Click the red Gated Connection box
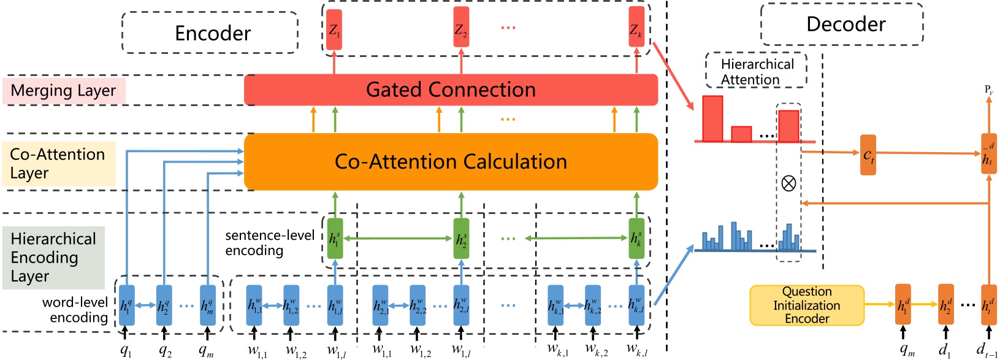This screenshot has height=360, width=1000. (x=451, y=90)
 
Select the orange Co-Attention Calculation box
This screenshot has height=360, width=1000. (x=451, y=162)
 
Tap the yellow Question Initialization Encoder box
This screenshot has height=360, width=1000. (x=806, y=305)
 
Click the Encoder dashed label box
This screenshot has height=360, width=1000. (x=210, y=33)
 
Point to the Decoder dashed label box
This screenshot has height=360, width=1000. (x=842, y=25)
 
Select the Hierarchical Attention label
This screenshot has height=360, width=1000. (x=756, y=71)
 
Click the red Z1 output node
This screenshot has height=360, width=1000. (x=334, y=29)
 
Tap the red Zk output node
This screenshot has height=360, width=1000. (x=636, y=29)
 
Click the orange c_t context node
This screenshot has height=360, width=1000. (x=868, y=155)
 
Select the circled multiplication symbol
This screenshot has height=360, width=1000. (x=788, y=183)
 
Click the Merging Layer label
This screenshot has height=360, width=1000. (x=64, y=91)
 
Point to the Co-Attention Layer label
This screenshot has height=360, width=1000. (x=58, y=164)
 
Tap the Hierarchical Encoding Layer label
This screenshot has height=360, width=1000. (x=53, y=258)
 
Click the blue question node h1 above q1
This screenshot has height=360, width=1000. (x=126, y=305)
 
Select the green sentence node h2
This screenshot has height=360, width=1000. (x=461, y=239)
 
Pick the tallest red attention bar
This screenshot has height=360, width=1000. (x=712, y=118)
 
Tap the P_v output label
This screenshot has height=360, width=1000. (x=988, y=90)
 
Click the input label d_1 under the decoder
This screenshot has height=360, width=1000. (x=945, y=350)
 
